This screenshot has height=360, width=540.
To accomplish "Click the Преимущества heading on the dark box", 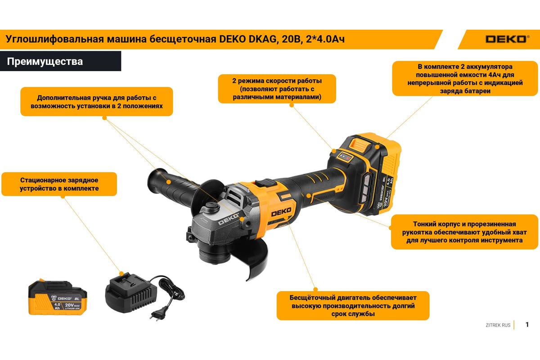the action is pos(45,62).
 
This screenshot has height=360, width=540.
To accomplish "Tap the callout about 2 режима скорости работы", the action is pos(277,89).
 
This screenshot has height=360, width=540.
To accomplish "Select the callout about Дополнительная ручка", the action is pos(97,102).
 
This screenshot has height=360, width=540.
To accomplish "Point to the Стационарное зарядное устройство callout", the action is pos(59,184).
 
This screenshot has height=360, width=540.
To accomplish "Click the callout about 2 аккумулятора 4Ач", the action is pos(465,78).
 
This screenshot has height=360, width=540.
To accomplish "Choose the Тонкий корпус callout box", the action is pos(464,232).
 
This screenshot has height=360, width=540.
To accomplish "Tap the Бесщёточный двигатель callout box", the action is pos(353,306).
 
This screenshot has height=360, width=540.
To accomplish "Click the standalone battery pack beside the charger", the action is pos(58,297).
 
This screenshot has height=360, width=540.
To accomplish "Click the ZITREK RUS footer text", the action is pos(498,325).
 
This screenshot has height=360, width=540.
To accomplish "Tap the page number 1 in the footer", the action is pos(527,324).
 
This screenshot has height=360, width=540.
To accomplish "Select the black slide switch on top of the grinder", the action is pos(266,183).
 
